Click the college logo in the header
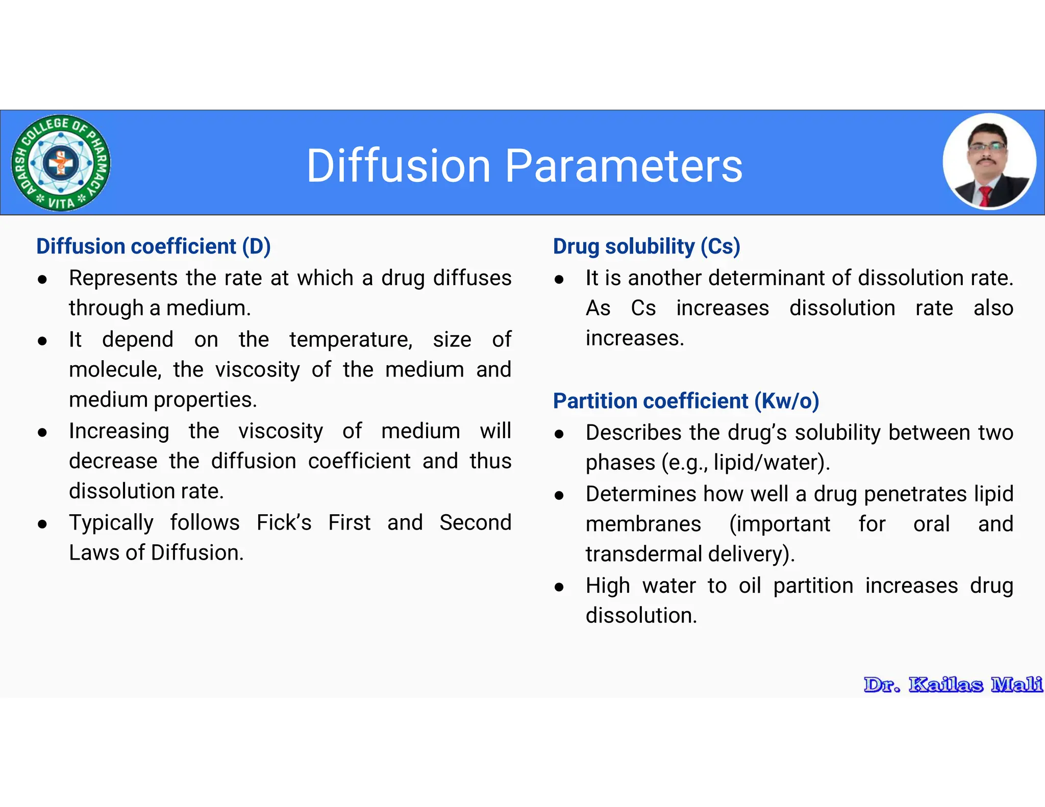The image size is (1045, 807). coord(61,163)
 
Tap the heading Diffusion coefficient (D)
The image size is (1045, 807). coord(153,246)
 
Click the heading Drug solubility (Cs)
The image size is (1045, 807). coord(646,246)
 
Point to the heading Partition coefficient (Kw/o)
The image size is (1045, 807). coord(686,401)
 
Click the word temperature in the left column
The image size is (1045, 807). coord(351,340)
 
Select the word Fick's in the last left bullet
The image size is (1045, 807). coord(284,523)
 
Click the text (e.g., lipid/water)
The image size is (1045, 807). coord(745,463)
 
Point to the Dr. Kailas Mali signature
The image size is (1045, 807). coord(953,685)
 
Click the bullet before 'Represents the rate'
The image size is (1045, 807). coord(43,280)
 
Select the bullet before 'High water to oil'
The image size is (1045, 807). coord(559,587)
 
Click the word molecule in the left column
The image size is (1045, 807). coord(115,370)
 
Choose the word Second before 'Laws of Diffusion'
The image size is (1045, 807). coord(475,523)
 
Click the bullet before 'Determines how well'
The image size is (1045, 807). coord(559,495)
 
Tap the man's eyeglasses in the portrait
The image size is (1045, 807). coord(987,146)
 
